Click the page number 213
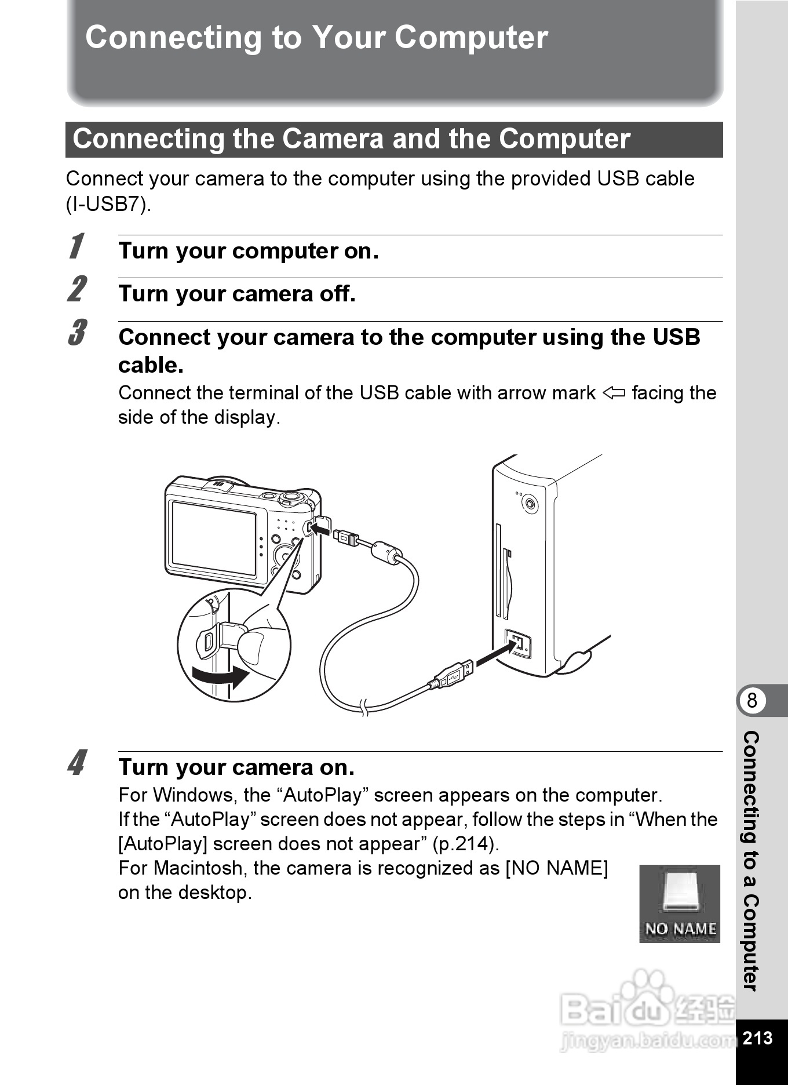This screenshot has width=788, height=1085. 757,1037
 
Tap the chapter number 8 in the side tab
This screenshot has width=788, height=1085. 752,701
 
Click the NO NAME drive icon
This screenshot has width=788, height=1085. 680,904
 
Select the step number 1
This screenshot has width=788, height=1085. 76,246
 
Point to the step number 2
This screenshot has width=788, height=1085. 77,289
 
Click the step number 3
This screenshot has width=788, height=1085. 77,332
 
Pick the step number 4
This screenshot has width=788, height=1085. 77,762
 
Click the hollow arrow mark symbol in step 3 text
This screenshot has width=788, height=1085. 614,394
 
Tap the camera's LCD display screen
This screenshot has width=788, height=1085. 213,538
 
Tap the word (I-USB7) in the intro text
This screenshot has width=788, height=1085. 108,204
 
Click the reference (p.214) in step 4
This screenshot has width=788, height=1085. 466,844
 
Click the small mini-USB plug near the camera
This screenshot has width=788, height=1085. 346,537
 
